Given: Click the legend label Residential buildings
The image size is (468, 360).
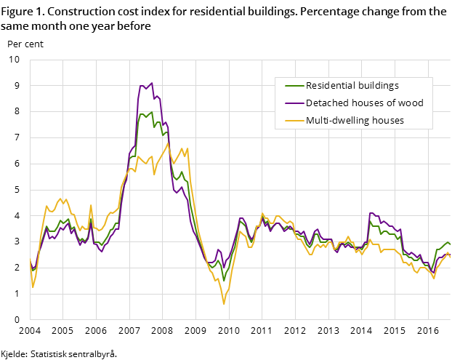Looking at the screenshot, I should point(352,86).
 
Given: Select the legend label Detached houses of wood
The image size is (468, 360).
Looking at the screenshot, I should point(364,103).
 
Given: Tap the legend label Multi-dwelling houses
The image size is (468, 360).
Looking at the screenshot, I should point(355,121).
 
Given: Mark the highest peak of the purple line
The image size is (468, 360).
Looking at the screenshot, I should point(151,83).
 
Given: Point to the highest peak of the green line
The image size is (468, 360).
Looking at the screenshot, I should point(151,112).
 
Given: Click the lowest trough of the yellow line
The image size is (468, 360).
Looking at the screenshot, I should point(224,303).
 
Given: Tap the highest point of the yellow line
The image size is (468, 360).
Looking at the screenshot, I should point(169,143).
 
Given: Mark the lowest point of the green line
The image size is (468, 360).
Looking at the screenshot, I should point(224,281).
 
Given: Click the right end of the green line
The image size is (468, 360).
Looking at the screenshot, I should point(450,244).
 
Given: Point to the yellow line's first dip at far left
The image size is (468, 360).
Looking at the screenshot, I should point(33,287).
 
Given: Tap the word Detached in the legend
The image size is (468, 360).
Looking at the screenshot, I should point(326,103).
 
